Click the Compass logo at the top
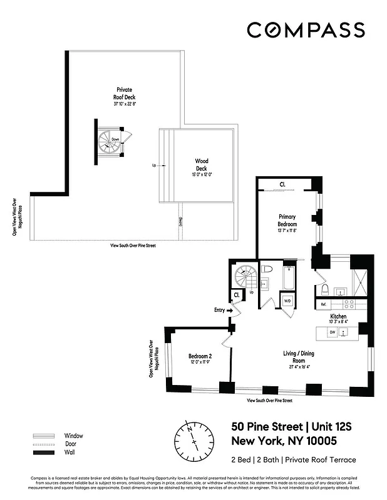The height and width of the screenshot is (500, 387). pos(305,29)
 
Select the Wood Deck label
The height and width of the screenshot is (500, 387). pos(201,164)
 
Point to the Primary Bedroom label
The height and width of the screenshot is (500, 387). pos(287,221)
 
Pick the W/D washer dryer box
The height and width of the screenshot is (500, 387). pos(287,301)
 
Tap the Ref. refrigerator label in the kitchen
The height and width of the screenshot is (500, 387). pos(324,304)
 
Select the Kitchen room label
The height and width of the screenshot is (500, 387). pos(338,317)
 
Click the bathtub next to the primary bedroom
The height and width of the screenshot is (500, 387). pos(288,277)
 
